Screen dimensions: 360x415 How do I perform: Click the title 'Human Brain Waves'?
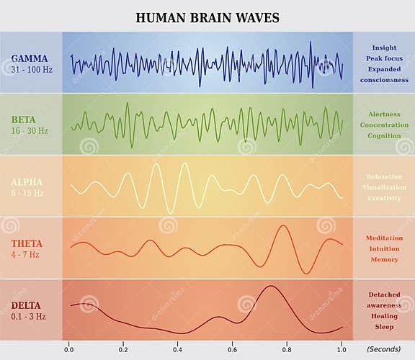click(x=207, y=17)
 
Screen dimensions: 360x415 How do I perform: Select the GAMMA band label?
click(x=30, y=58)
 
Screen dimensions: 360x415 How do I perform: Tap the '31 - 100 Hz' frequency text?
click(x=30, y=69)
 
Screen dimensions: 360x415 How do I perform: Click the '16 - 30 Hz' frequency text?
click(x=30, y=130)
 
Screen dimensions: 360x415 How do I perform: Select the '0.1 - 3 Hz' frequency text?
click(x=30, y=317)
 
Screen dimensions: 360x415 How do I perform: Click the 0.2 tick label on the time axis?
click(x=123, y=349)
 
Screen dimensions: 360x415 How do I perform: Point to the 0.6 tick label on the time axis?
click(x=232, y=349)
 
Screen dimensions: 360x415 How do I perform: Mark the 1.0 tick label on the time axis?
click(x=341, y=349)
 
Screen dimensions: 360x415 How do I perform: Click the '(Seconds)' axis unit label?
click(x=383, y=349)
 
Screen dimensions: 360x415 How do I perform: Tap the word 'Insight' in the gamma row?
click(x=384, y=48)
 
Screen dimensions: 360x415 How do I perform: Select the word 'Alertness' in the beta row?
click(x=384, y=114)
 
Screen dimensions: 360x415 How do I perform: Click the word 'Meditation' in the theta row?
click(x=384, y=238)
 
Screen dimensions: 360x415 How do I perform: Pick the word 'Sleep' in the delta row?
click(x=384, y=326)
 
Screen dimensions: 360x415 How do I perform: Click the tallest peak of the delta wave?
click(x=270, y=287)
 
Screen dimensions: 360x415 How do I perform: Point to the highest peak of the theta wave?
click(x=283, y=226)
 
